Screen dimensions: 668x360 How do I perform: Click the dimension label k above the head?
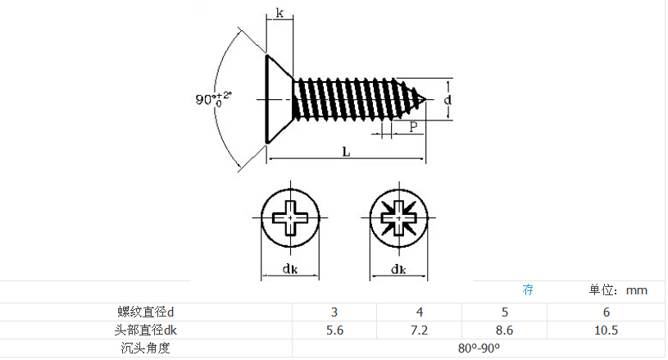tap(279, 13)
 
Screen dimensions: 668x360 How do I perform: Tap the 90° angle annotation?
tap(213, 99)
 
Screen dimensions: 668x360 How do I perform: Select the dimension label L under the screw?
tap(346, 151)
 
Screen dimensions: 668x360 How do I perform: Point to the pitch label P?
tap(413, 126)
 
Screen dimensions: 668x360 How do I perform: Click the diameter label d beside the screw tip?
tap(448, 100)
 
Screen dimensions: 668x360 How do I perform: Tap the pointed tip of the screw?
tap(425, 100)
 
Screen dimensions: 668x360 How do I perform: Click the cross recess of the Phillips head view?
tap(290, 217)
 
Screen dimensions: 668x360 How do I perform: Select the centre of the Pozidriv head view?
tap(399, 217)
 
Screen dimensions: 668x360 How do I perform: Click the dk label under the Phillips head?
tap(290, 269)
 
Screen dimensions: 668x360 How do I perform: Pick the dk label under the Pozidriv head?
tap(399, 269)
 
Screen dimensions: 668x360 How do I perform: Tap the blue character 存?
tap(528, 289)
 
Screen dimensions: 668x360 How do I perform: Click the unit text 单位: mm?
tap(618, 290)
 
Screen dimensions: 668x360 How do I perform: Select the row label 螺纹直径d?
tap(145, 312)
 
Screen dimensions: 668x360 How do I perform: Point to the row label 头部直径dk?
tap(145, 330)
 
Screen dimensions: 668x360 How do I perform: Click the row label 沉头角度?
tap(145, 348)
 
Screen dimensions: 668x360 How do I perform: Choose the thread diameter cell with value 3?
tap(334, 312)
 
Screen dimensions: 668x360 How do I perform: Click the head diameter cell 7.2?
tap(419, 330)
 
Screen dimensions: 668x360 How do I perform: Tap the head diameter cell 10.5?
tap(607, 330)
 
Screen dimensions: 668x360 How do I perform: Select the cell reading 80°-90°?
tap(479, 348)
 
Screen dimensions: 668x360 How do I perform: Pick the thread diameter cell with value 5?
tap(505, 312)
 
